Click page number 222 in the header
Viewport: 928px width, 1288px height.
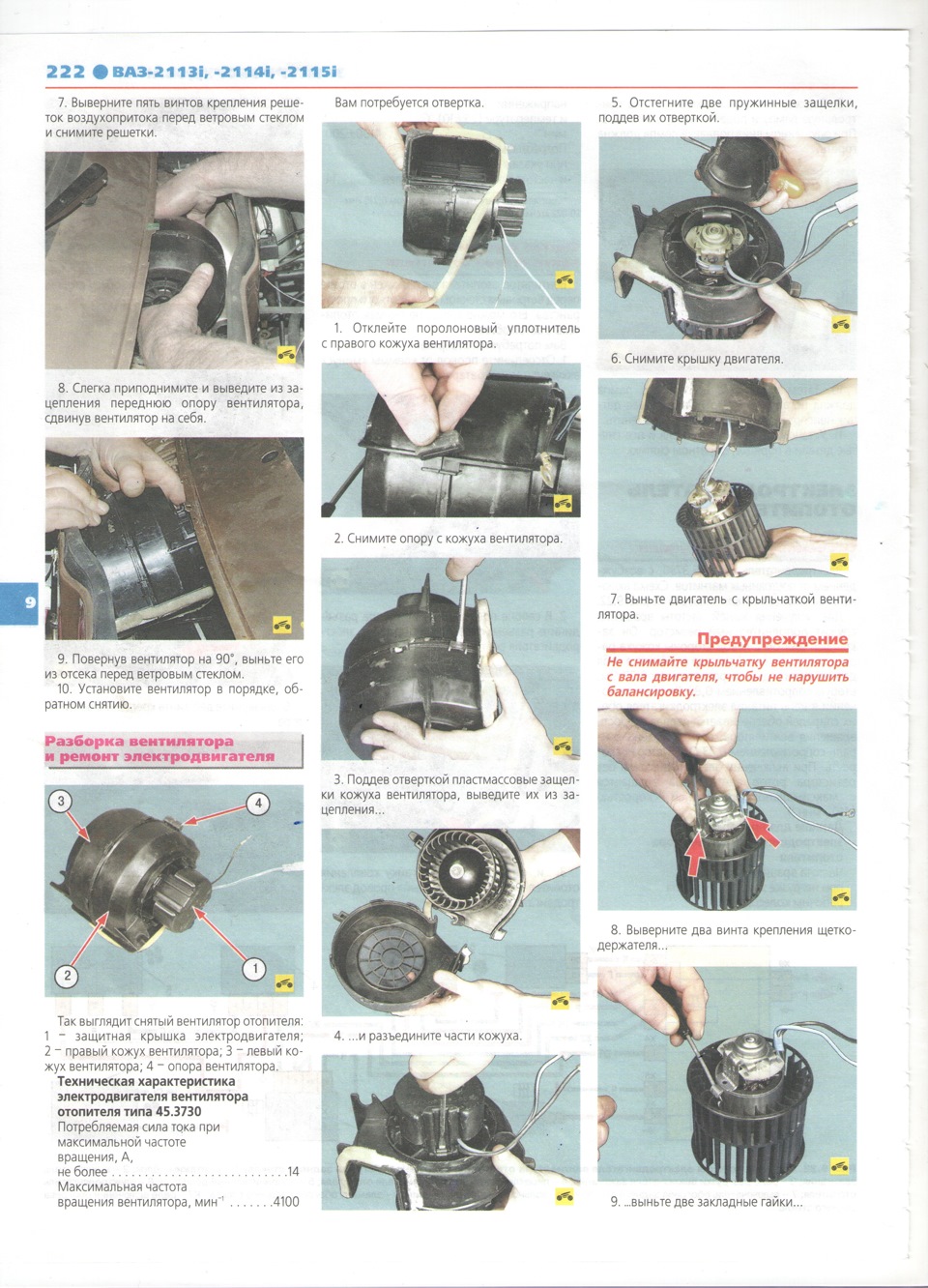coord(65,72)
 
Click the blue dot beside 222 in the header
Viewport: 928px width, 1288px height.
coord(100,72)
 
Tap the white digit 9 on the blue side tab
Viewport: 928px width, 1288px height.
coord(30,602)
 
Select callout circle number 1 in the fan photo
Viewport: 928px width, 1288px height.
coord(254,970)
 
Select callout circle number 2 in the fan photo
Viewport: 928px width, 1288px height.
coord(67,976)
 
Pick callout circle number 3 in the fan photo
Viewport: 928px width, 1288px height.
coord(60,801)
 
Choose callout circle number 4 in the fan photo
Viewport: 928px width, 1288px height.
coord(258,804)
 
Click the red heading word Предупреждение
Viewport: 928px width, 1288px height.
coord(772,639)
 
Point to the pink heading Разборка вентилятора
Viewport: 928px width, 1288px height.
coord(139,741)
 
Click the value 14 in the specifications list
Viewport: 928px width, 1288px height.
coord(293,1171)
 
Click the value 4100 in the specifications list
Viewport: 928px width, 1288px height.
coord(286,1201)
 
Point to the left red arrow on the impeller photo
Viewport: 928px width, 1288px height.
coord(695,853)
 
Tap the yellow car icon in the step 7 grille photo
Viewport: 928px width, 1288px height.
coord(286,354)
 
